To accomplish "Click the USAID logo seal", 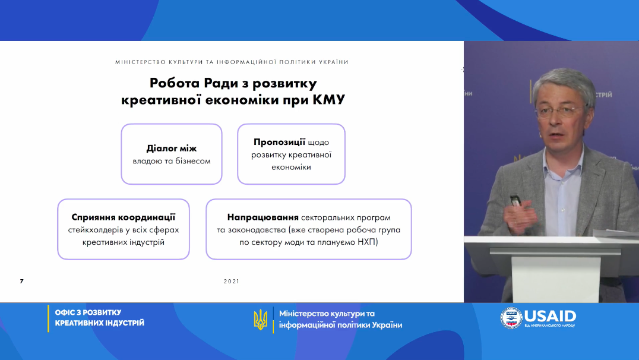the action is click(511, 318).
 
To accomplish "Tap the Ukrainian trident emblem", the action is click(260, 319).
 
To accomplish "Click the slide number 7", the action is click(21, 282).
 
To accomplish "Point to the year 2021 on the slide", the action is click(232, 282).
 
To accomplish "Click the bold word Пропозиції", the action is click(279, 142).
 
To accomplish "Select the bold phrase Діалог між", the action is click(172, 149).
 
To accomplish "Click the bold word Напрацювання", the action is click(263, 217).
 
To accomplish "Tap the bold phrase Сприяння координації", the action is click(124, 217).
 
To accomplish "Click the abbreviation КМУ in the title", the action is click(328, 100).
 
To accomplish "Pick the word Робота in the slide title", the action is click(175, 83).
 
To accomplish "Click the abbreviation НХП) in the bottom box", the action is click(368, 242).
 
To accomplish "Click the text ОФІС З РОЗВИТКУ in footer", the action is click(88, 312).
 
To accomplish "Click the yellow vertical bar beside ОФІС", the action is click(48, 318).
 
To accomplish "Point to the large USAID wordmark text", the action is click(550, 316).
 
